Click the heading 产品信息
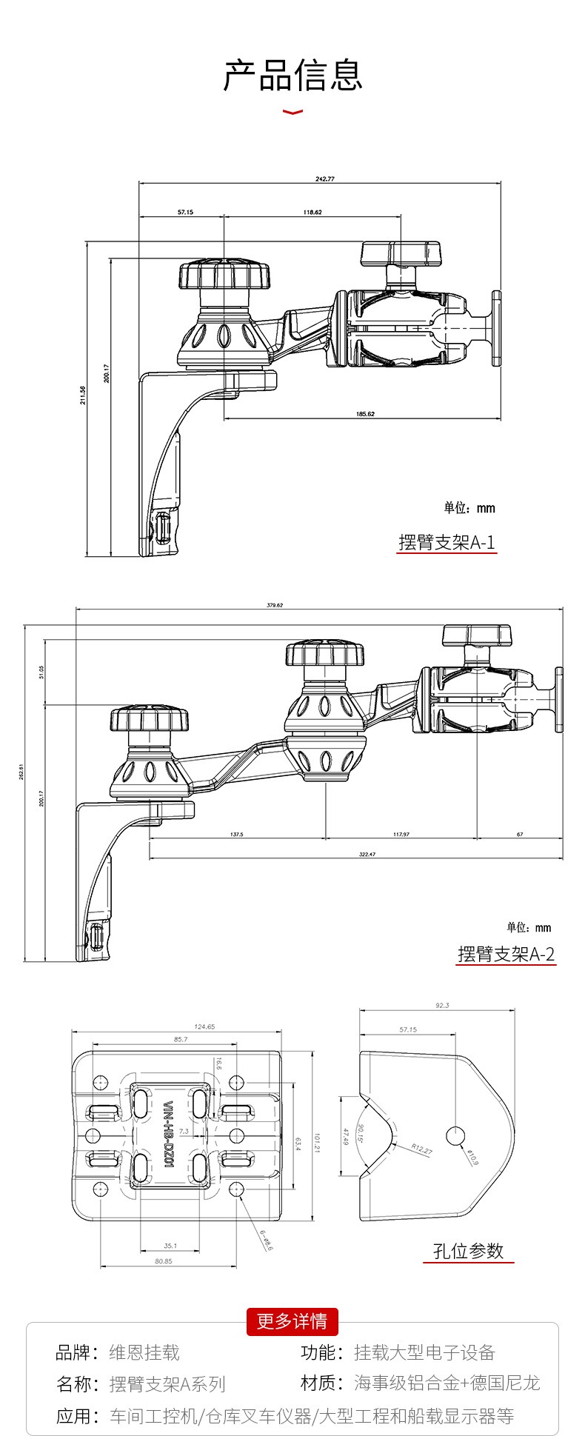293,76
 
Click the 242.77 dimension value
324,179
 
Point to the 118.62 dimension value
312,213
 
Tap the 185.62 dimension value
365,413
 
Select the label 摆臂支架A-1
447,543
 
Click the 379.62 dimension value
274,605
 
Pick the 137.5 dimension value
237,834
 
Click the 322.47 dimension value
367,854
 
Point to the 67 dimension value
520,834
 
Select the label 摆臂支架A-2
506,954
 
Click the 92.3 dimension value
442,1005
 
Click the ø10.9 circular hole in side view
455,1135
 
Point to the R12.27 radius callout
421,1149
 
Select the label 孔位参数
468,1251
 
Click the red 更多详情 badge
292,1321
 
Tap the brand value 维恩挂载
144,1353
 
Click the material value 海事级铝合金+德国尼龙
447,1383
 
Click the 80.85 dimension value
164,1261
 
